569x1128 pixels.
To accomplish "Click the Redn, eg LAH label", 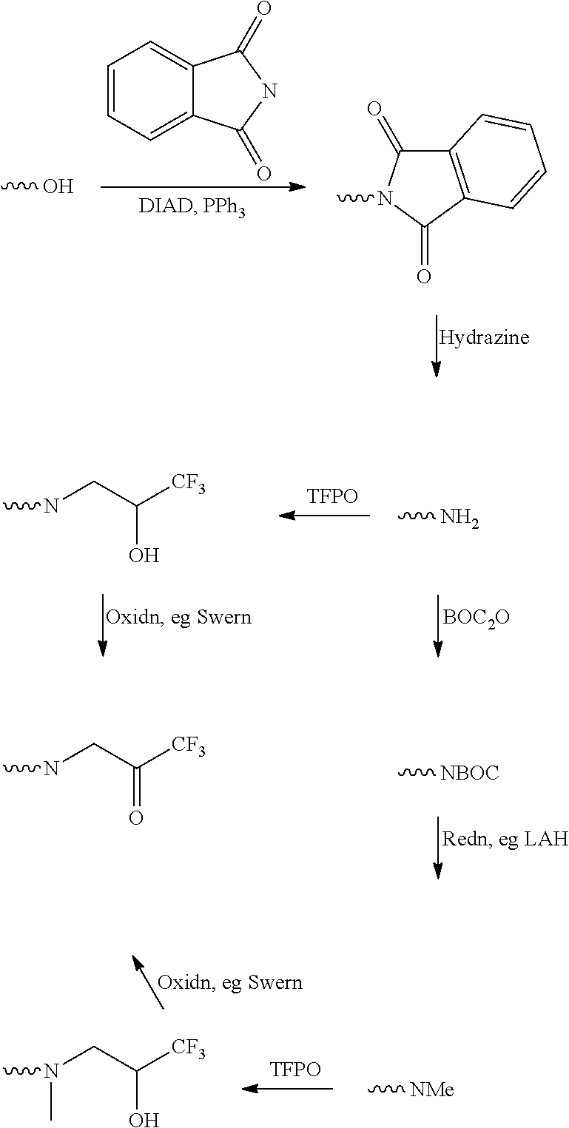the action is [505, 839].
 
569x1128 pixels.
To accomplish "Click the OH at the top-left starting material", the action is [58, 186].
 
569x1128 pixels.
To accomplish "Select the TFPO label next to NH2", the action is [331, 496].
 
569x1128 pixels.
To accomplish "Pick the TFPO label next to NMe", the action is [295, 1070].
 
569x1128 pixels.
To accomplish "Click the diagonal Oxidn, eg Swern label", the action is [230, 983].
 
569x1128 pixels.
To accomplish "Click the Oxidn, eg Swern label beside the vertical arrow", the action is [179, 617].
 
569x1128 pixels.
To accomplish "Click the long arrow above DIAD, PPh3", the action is [203, 187].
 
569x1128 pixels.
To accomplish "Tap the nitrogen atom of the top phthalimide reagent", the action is [269, 92].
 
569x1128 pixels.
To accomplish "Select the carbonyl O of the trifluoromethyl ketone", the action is [135, 818].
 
